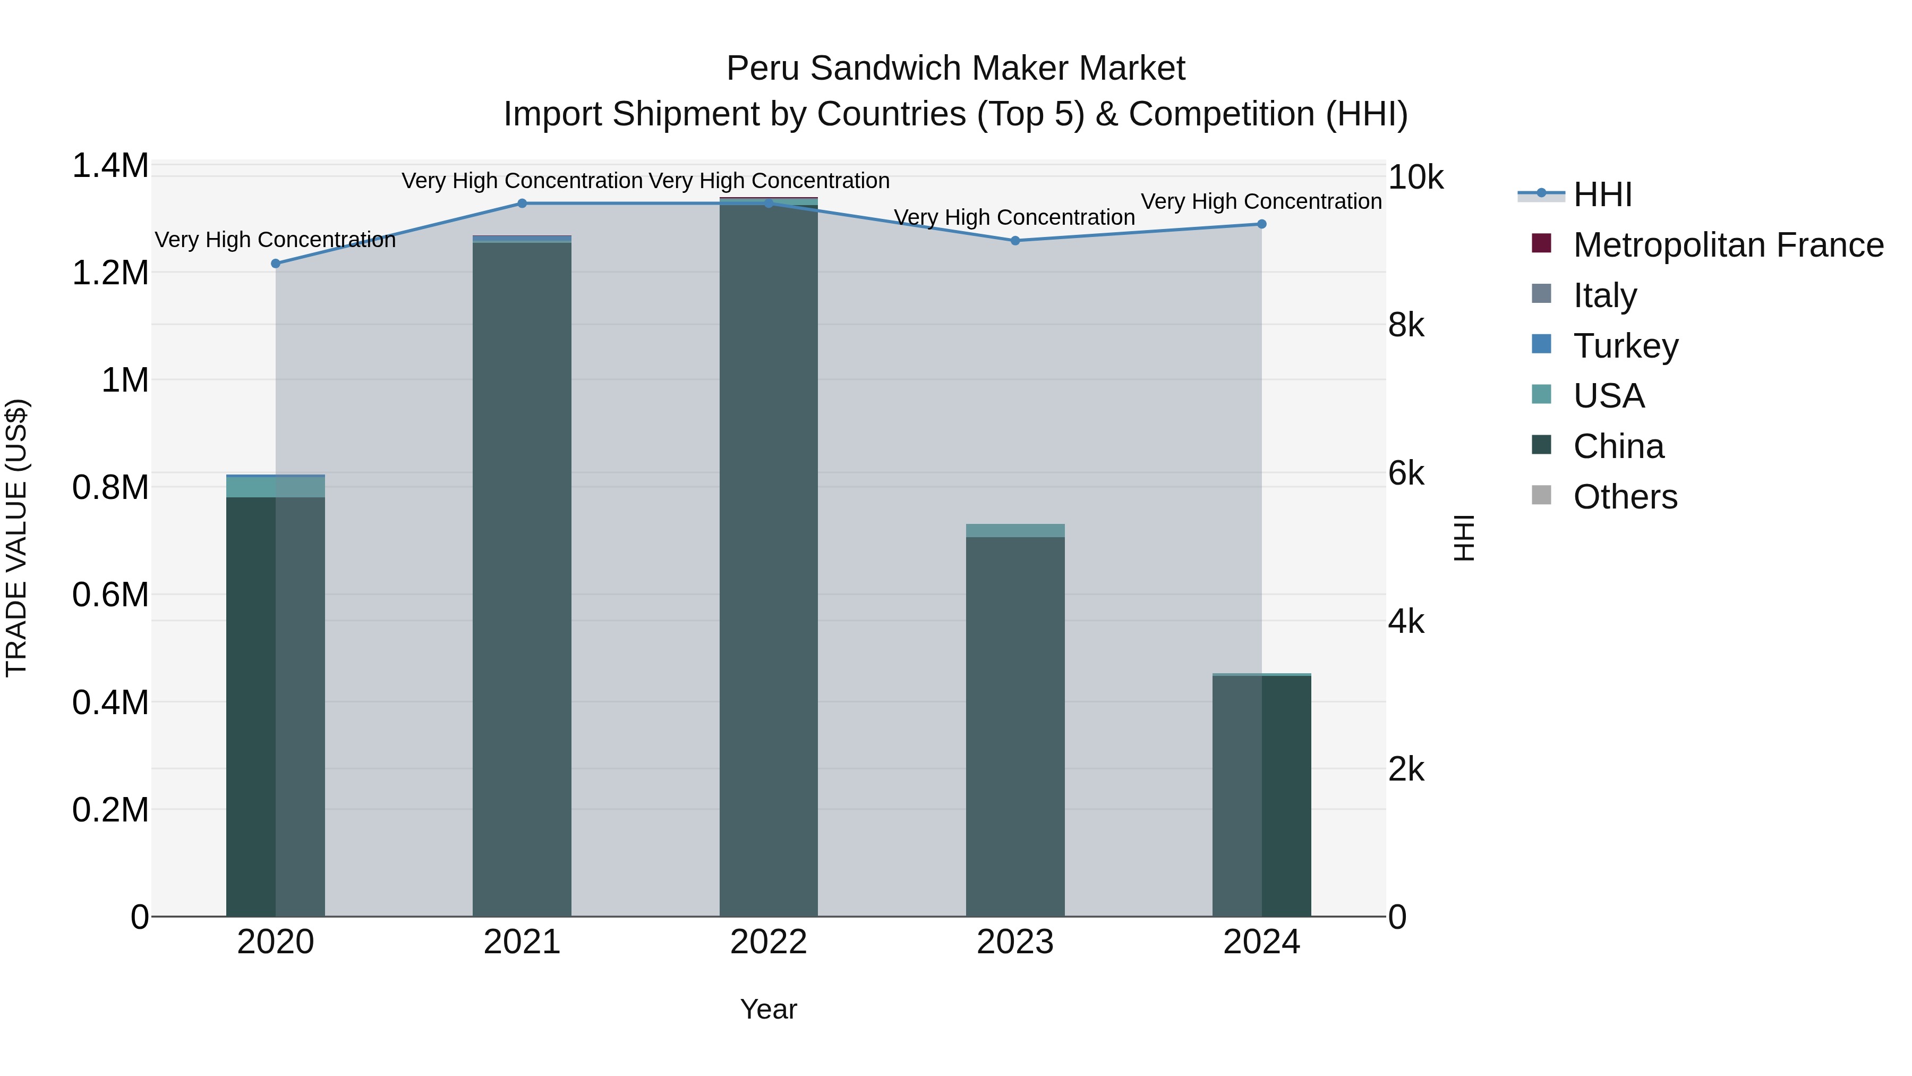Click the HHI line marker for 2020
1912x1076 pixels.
[x=275, y=264]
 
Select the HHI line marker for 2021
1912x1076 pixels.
[x=522, y=204]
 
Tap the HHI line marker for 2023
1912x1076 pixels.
[x=1015, y=241]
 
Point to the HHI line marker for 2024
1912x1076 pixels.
[x=1262, y=224]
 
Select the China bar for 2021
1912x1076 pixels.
[x=522, y=579]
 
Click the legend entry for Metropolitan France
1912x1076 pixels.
[x=1728, y=245]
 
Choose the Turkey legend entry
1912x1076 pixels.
[x=1626, y=346]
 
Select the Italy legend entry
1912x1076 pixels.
[x=1604, y=295]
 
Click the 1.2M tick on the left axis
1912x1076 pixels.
[x=110, y=273]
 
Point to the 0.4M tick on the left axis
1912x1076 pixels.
[x=110, y=702]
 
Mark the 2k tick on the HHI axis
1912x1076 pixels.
[x=1406, y=770]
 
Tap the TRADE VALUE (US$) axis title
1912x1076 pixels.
[x=16, y=538]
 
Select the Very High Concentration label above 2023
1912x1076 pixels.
[x=1014, y=217]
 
